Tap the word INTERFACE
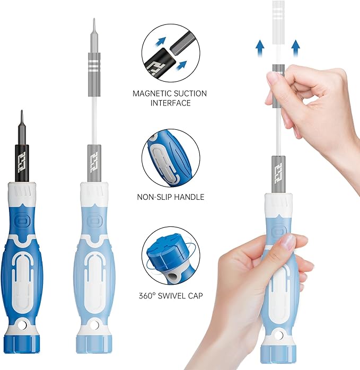click(x=170, y=103)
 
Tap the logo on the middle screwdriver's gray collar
click(x=94, y=159)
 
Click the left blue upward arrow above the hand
click(x=260, y=49)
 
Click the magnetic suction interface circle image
click(x=170, y=54)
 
